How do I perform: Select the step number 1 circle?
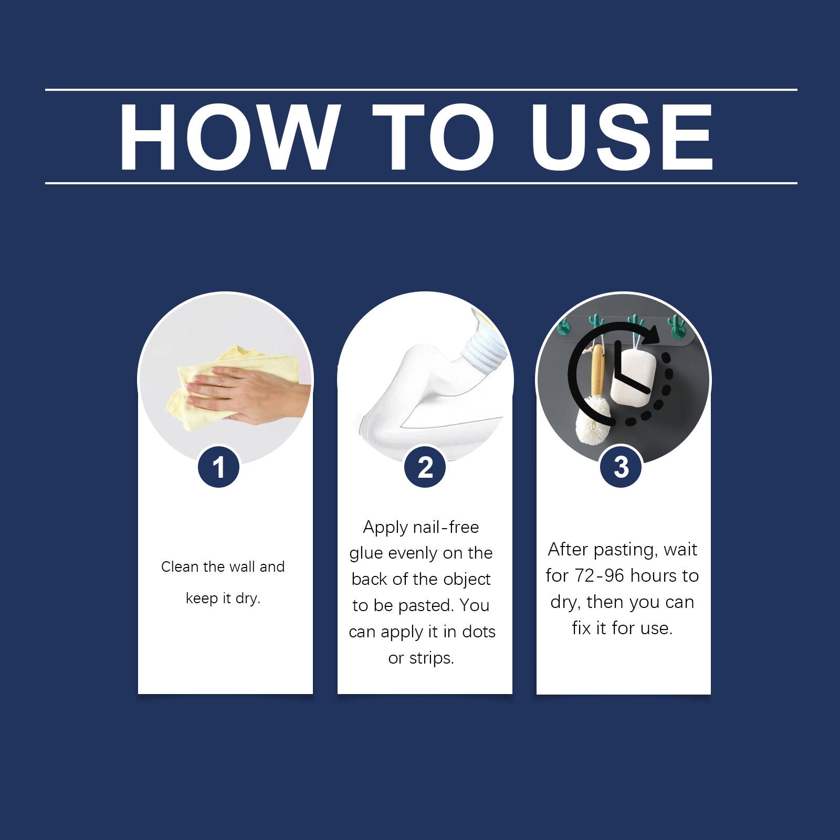pyautogui.click(x=219, y=467)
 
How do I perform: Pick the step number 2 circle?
pyautogui.click(x=425, y=467)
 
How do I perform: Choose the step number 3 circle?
pyautogui.click(x=621, y=467)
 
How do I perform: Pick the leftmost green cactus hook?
pyautogui.click(x=563, y=327)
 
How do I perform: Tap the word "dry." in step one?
pyautogui.click(x=248, y=599)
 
